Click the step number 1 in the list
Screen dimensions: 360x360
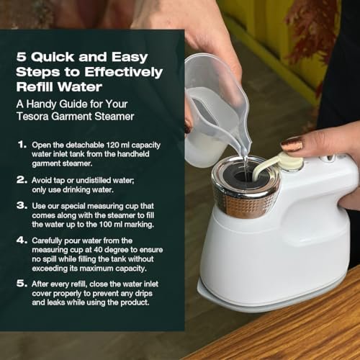click(22, 145)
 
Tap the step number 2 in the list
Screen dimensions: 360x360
click(22, 180)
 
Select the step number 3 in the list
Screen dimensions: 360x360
click(22, 205)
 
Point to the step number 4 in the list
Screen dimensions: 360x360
click(22, 240)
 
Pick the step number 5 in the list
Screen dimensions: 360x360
click(22, 284)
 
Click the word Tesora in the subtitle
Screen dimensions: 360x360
click(32, 117)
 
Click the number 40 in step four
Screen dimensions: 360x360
click(98, 250)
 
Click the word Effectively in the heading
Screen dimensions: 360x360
click(123, 72)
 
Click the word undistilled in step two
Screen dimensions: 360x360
click(91, 180)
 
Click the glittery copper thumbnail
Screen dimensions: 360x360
click(292, 144)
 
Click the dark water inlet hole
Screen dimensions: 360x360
click(243, 176)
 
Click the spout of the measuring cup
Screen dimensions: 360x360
click(246, 145)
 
